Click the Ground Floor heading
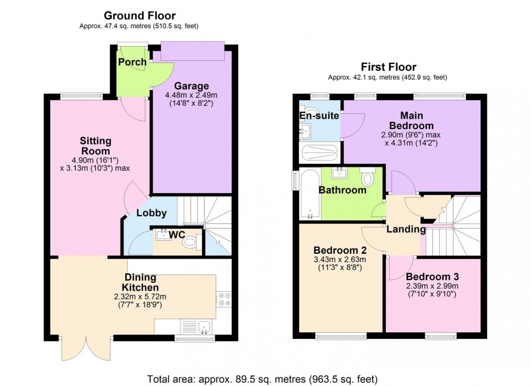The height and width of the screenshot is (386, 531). pos(139,16)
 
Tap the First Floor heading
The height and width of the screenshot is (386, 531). pos(388,67)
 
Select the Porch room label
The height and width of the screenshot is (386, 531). pos(132,62)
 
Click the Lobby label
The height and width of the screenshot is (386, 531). pos(151,213)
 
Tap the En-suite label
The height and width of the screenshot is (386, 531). pos(319,115)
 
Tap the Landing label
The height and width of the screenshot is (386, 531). pos(406,229)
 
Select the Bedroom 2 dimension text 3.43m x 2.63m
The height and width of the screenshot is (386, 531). pos(340,259)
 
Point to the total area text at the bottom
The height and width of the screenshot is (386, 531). pos(262,378)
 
